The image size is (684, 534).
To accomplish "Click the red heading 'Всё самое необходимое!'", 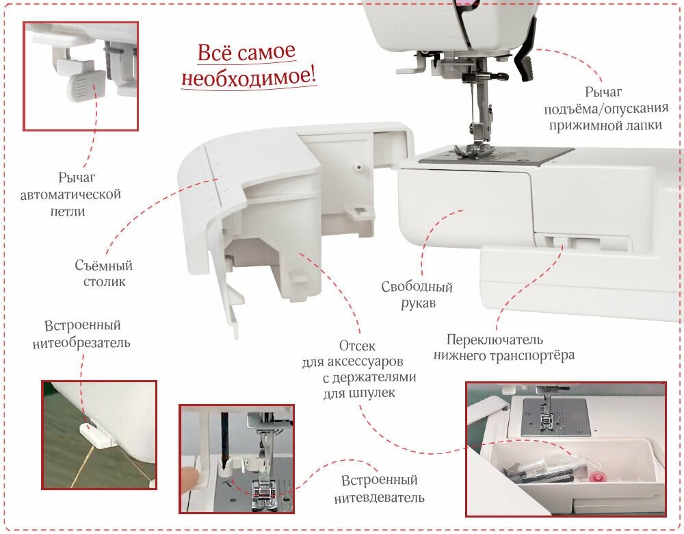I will coord(249,65).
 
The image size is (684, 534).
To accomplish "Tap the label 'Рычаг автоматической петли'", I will coord(71,194).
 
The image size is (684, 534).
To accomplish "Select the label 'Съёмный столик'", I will coord(104,273).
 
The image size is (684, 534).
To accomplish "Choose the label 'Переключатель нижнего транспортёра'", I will coord(503,347).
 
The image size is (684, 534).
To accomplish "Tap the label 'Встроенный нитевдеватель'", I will coord(379,489).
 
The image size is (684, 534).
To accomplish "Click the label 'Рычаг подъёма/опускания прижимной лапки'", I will coord(603,108).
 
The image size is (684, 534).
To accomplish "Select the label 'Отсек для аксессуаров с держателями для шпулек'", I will coord(358,370).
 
